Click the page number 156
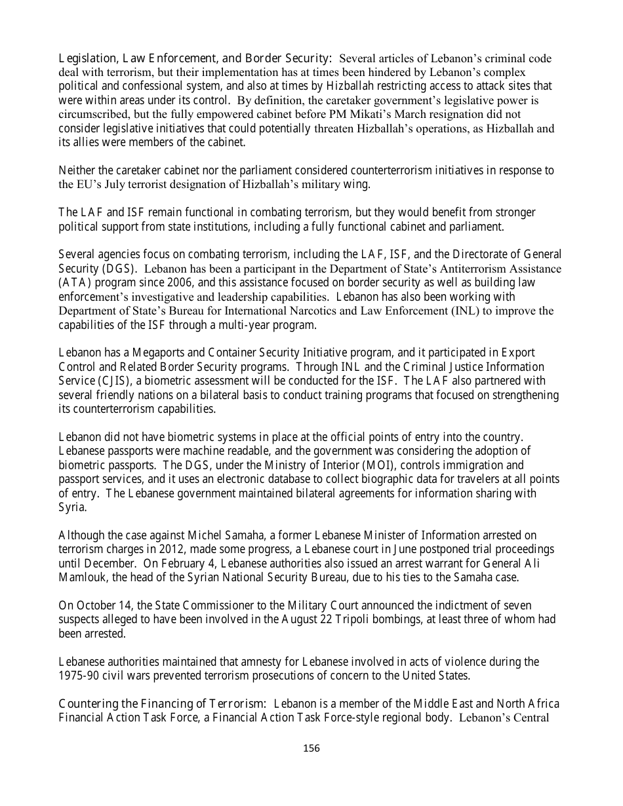[x=311, y=748]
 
